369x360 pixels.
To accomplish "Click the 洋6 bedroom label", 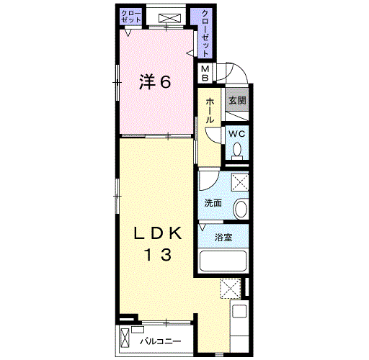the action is point(155,82).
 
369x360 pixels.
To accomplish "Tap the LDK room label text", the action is point(158,233).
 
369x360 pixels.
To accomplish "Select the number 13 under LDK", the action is point(158,255).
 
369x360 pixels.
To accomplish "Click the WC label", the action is point(237,134).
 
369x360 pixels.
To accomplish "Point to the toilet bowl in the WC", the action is point(237,150).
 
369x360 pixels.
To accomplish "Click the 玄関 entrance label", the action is point(237,100).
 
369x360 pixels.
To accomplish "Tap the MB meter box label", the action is point(205,73).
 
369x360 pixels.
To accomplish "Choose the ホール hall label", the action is point(210,111).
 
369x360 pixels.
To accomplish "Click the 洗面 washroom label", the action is point(213,203).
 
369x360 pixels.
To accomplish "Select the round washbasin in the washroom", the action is point(241,209).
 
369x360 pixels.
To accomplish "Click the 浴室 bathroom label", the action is point(223,238).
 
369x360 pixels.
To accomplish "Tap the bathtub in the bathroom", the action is point(223,261).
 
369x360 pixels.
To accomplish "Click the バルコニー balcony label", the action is point(161,341).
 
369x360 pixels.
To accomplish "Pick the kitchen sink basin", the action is point(239,311).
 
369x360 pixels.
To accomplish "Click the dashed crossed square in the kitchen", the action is point(231,288).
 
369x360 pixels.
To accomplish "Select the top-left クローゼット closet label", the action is point(131,16).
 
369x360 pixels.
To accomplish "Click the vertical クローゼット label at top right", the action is point(205,33).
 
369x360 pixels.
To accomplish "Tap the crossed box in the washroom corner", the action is point(240,182).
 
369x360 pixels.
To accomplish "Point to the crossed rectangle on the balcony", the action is point(125,338).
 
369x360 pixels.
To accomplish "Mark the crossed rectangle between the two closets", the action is point(169,18).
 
